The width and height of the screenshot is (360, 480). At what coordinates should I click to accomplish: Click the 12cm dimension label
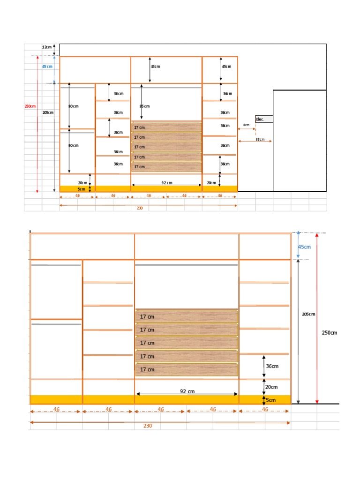click(x=47, y=47)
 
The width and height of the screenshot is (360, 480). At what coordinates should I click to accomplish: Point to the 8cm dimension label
click(x=246, y=125)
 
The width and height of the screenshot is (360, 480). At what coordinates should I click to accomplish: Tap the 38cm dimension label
click(x=260, y=139)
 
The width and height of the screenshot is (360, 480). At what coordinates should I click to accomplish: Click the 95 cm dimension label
click(x=144, y=106)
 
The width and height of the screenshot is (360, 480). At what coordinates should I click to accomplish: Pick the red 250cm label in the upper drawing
click(x=30, y=106)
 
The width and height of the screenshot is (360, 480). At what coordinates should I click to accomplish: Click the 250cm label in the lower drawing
click(x=329, y=333)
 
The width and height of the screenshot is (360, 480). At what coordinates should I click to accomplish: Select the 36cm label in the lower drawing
click(x=272, y=366)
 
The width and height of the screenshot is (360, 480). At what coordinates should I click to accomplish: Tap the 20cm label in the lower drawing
click(x=271, y=387)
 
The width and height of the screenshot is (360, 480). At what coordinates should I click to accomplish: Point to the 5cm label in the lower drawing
click(x=271, y=400)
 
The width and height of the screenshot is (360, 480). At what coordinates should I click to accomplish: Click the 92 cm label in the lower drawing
click(x=187, y=391)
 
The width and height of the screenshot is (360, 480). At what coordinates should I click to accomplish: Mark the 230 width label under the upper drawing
click(x=140, y=208)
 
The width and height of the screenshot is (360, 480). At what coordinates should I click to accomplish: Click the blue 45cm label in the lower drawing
click(x=304, y=247)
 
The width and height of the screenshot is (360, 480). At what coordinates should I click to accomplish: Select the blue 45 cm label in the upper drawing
click(x=47, y=67)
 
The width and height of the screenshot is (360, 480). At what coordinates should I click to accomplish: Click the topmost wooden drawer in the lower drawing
click(x=187, y=316)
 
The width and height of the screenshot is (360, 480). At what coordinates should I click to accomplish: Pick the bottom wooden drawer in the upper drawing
click(x=166, y=167)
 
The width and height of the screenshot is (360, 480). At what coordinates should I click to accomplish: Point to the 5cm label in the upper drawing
click(x=82, y=189)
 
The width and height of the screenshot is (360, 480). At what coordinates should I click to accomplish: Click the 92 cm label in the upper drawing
click(x=166, y=183)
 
